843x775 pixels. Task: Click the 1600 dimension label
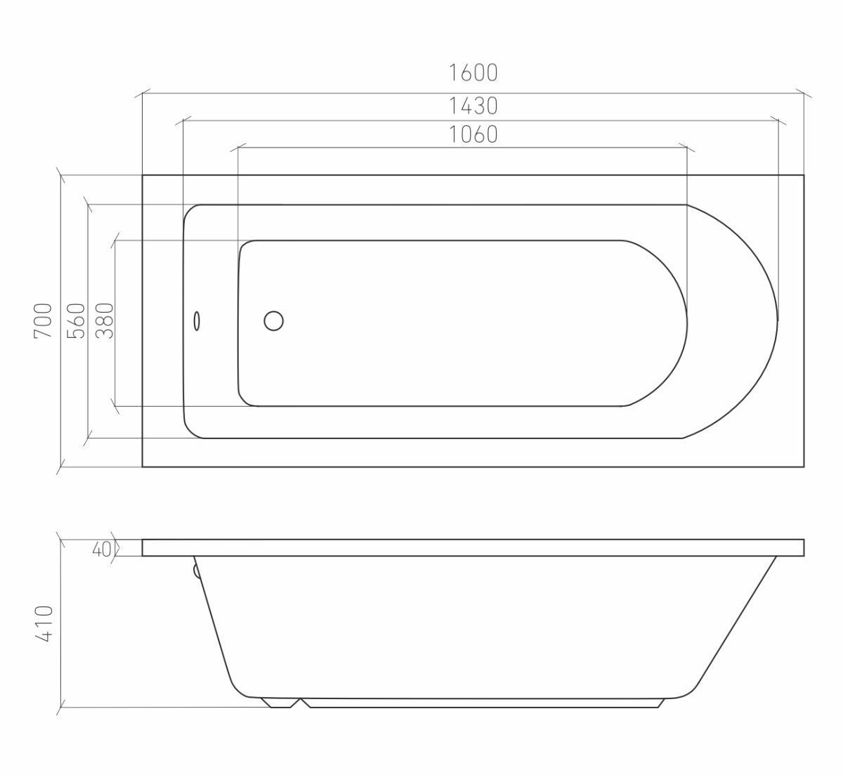coord(473,73)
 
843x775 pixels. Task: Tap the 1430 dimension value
coord(473,106)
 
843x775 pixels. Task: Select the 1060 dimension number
coord(473,135)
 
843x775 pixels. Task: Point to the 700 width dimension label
coord(44,320)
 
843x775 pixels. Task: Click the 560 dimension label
coord(76,320)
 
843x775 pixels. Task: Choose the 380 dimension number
coord(105,320)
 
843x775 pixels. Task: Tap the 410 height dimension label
coord(44,624)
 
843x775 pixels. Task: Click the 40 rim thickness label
coord(101,549)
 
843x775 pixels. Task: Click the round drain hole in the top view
coord(273,321)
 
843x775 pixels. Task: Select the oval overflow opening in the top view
coord(197,321)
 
